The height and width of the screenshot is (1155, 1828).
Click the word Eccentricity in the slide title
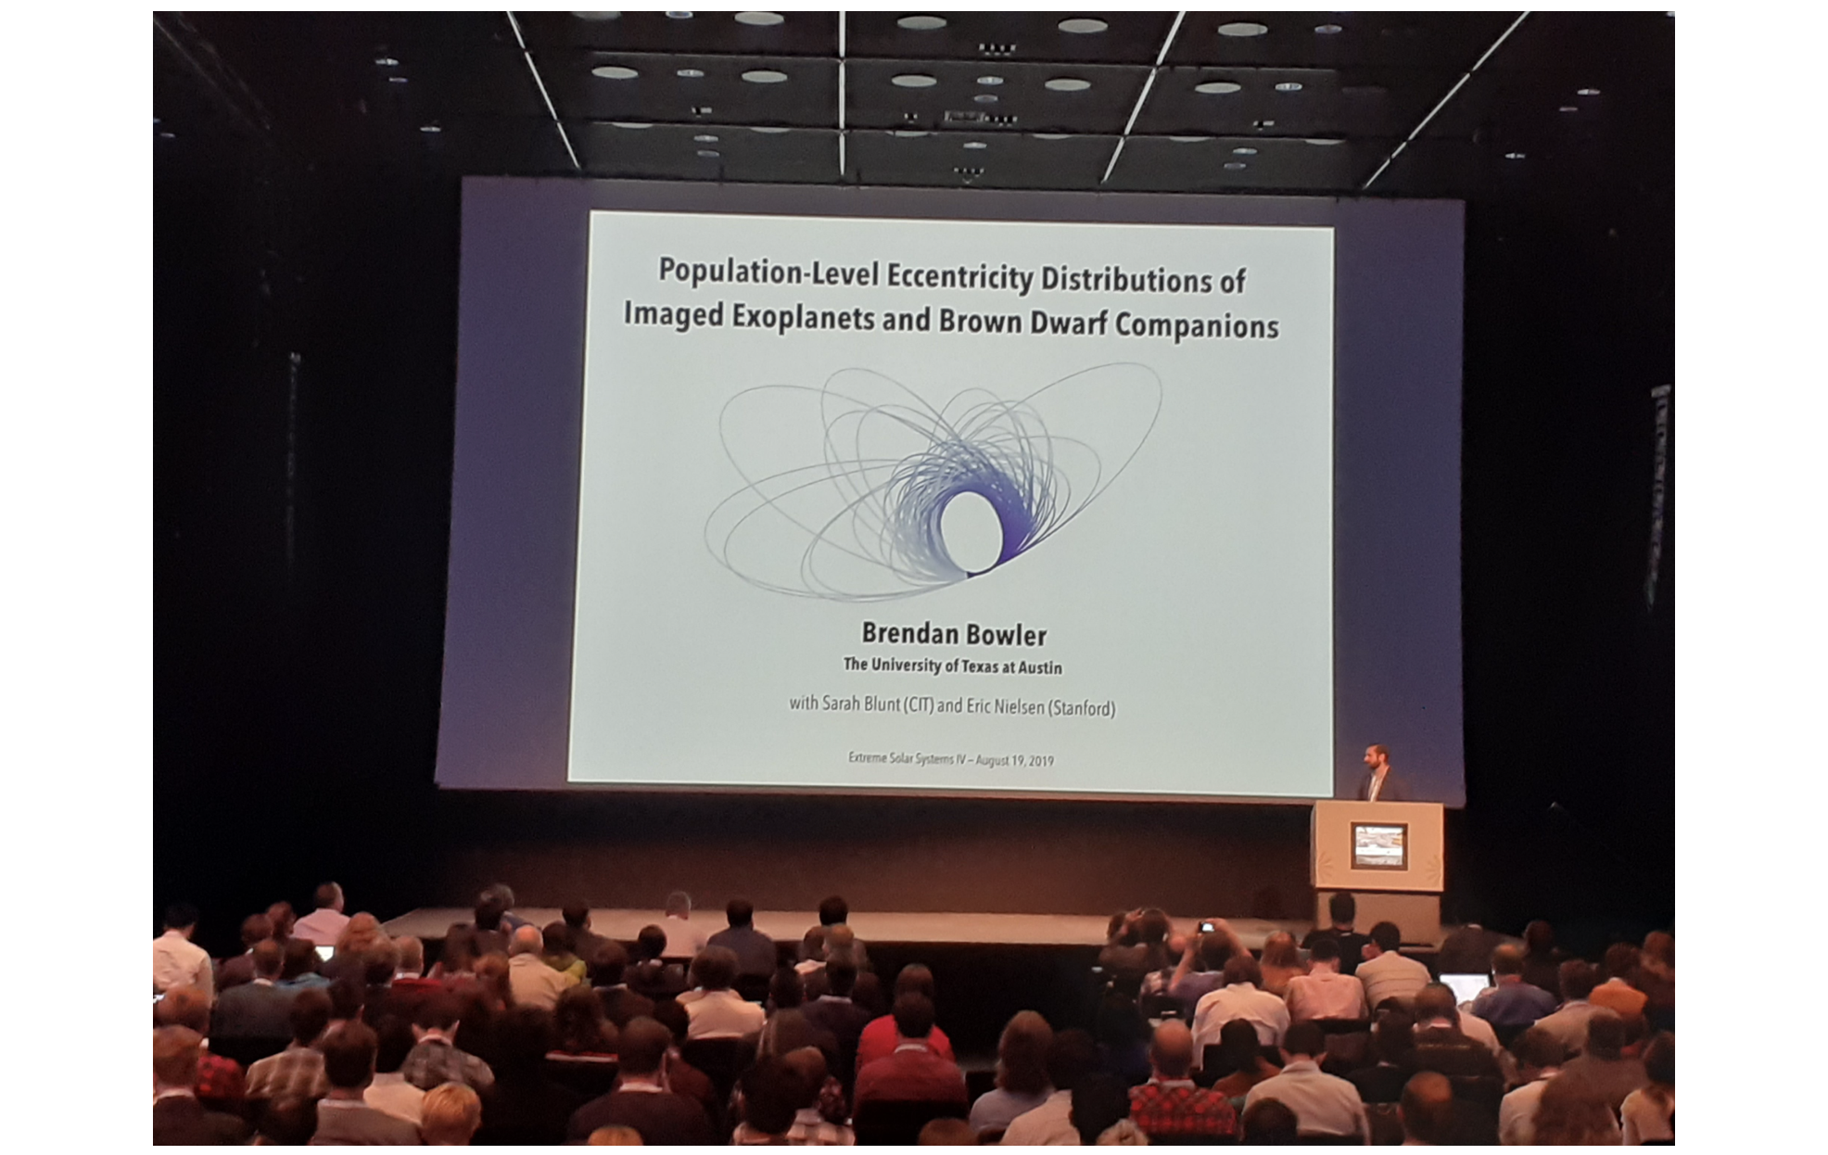(x=958, y=277)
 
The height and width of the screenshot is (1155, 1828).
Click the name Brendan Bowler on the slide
(x=954, y=634)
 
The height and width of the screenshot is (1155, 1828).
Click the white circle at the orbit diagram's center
(x=971, y=531)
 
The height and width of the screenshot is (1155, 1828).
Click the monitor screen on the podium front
(x=1379, y=845)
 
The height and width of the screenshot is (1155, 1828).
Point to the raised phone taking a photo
(x=1205, y=927)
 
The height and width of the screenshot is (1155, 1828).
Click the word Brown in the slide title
(x=976, y=320)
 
